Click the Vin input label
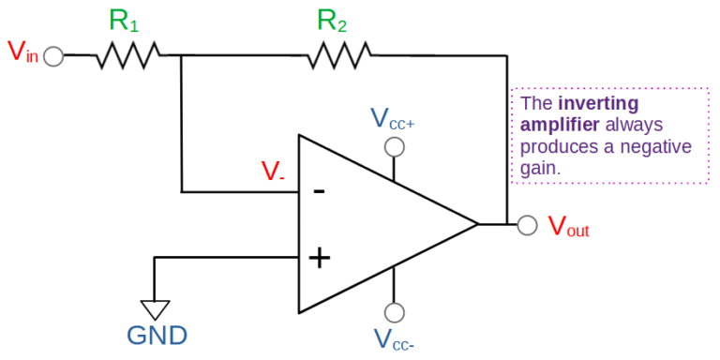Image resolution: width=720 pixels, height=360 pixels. coord(22,52)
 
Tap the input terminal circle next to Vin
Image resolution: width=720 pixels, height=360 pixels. coord(53,57)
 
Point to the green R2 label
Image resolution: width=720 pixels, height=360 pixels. coord(332,21)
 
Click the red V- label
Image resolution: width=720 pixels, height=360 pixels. coord(273,171)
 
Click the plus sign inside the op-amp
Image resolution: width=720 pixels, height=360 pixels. coord(320,257)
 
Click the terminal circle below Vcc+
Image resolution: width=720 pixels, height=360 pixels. coord(395,147)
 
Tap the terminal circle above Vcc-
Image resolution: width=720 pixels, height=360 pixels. coord(395,312)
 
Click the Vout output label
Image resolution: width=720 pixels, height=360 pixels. coord(568,226)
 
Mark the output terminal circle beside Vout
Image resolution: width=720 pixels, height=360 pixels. coord(528,225)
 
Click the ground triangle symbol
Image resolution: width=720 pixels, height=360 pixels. coord(155,308)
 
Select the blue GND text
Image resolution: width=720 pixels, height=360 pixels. coord(157,336)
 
